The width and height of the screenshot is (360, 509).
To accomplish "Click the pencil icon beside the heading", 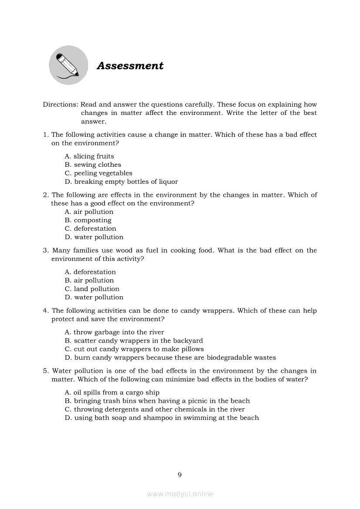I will tap(68, 65).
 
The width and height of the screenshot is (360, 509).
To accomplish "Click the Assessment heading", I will tap(130, 66).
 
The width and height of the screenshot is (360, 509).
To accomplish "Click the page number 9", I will tap(180, 475).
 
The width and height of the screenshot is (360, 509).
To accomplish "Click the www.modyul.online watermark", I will tap(180, 494).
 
